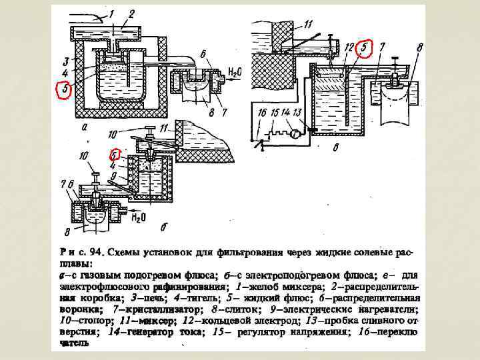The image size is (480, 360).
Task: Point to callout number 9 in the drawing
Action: pos(115,175)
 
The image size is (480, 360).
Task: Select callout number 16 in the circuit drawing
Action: pos(262,113)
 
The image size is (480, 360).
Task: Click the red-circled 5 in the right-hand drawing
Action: pos(363,48)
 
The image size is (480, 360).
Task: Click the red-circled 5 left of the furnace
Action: pos(63,89)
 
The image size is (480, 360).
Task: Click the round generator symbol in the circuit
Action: pos(293,131)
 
